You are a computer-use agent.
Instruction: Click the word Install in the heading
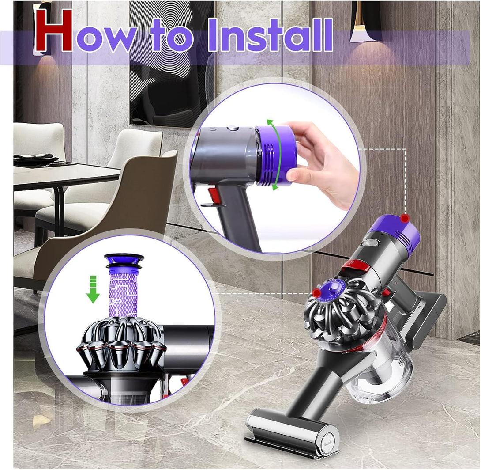tap(270, 35)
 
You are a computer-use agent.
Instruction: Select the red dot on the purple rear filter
tap(406, 218)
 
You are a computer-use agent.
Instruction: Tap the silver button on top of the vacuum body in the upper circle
tap(233, 128)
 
